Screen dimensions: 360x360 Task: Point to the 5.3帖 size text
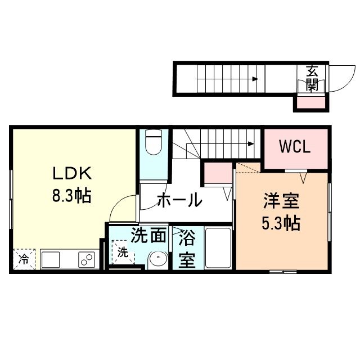(x=280, y=224)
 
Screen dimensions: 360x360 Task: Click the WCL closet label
(x=295, y=148)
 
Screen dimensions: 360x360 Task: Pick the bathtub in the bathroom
(x=218, y=249)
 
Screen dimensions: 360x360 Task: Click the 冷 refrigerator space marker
(x=24, y=259)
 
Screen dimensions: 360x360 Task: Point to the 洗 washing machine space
(x=123, y=252)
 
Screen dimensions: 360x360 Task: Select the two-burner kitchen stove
(x=86, y=260)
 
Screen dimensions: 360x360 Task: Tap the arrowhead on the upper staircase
(x=255, y=79)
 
